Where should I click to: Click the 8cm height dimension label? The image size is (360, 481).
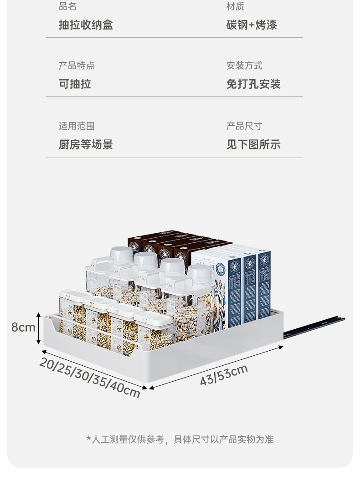pos(23,327)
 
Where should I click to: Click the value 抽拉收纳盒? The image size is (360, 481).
pos(86,25)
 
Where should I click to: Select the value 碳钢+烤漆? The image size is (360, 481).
pos(252,25)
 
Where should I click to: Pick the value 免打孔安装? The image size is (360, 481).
pos(253,84)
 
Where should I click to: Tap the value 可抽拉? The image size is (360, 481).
pos(75,84)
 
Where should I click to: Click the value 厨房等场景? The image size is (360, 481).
pos(86,145)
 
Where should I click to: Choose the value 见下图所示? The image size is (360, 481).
pos(253,145)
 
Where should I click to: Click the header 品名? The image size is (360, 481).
pos(67,6)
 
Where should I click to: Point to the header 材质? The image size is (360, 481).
pos(235,6)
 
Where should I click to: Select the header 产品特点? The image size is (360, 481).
pos(77,66)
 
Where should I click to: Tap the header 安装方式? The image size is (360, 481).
pos(244,66)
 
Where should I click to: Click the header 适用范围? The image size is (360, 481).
pos(77,126)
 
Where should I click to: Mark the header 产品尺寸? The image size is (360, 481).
pos(244,126)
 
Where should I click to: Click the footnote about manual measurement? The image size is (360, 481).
pos(180,440)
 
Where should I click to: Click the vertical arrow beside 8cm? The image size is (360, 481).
pos(40,327)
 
